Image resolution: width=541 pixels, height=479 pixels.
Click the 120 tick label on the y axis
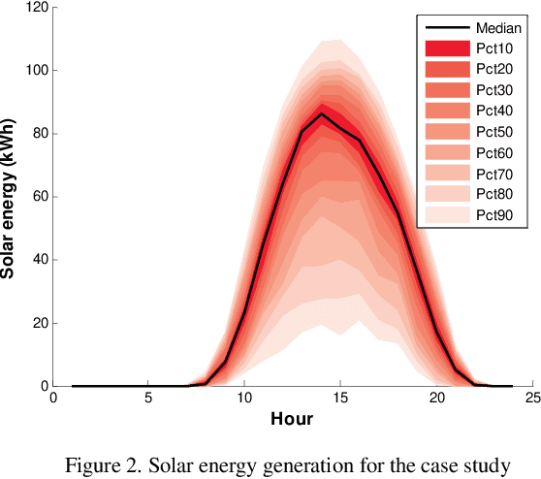36,8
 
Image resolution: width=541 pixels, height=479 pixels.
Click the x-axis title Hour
291,420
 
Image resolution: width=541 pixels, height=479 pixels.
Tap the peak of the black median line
322,114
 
